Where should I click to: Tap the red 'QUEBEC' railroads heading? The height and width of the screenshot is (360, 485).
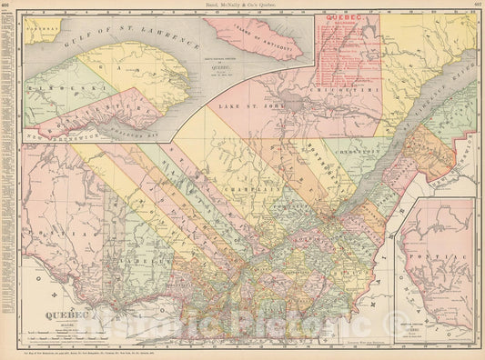coord(348,23)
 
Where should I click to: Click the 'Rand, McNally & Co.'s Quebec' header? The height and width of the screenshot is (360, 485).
coord(242,5)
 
